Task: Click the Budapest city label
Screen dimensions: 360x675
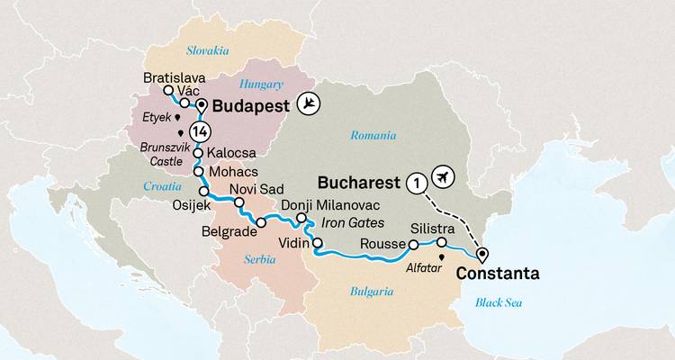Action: tap(253, 105)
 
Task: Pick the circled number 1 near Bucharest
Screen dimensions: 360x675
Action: tap(415, 181)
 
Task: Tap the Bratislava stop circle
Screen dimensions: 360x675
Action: tap(167, 91)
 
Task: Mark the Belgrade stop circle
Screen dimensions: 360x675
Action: tap(261, 222)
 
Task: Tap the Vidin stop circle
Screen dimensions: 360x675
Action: tap(317, 242)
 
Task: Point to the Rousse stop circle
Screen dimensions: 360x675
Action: tap(413, 244)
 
